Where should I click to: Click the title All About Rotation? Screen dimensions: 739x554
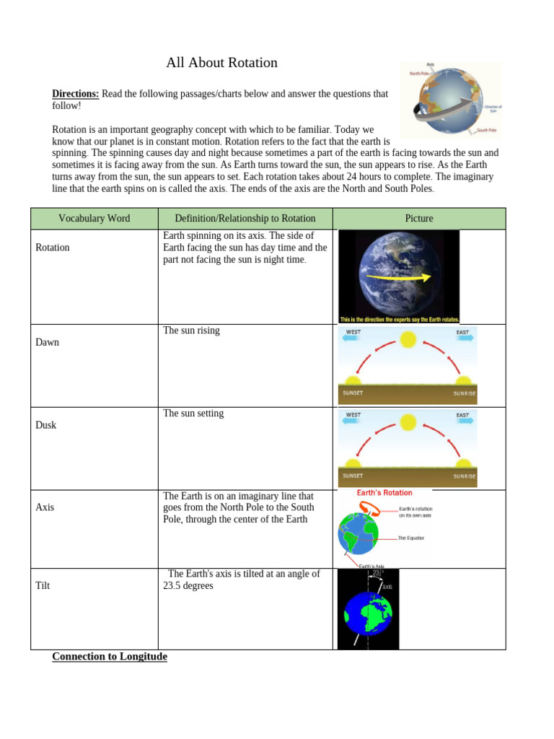click(x=221, y=63)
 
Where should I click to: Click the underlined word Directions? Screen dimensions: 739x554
click(x=75, y=94)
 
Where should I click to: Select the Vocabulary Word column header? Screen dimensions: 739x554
click(x=94, y=219)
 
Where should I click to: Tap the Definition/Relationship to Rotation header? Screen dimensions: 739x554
click(x=245, y=219)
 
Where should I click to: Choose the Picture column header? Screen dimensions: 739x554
click(x=419, y=219)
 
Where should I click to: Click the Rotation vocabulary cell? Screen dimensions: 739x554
click(x=53, y=248)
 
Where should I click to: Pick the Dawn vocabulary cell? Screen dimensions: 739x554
click(x=48, y=342)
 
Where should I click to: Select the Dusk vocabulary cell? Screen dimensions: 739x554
click(x=46, y=425)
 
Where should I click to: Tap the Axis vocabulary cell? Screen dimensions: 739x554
click(x=45, y=507)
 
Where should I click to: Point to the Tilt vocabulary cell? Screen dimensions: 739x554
click(x=43, y=586)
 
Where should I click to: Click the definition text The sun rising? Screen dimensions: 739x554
click(x=191, y=331)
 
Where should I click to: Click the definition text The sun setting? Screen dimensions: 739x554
click(x=193, y=414)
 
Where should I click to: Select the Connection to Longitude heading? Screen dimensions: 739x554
click(x=110, y=657)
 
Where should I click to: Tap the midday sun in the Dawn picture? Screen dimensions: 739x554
click(x=408, y=338)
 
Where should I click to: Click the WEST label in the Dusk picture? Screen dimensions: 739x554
click(x=353, y=416)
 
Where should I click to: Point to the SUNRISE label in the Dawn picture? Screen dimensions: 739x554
click(x=464, y=393)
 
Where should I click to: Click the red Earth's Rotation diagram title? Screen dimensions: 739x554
click(x=384, y=493)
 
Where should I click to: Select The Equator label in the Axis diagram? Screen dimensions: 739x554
click(x=411, y=538)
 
